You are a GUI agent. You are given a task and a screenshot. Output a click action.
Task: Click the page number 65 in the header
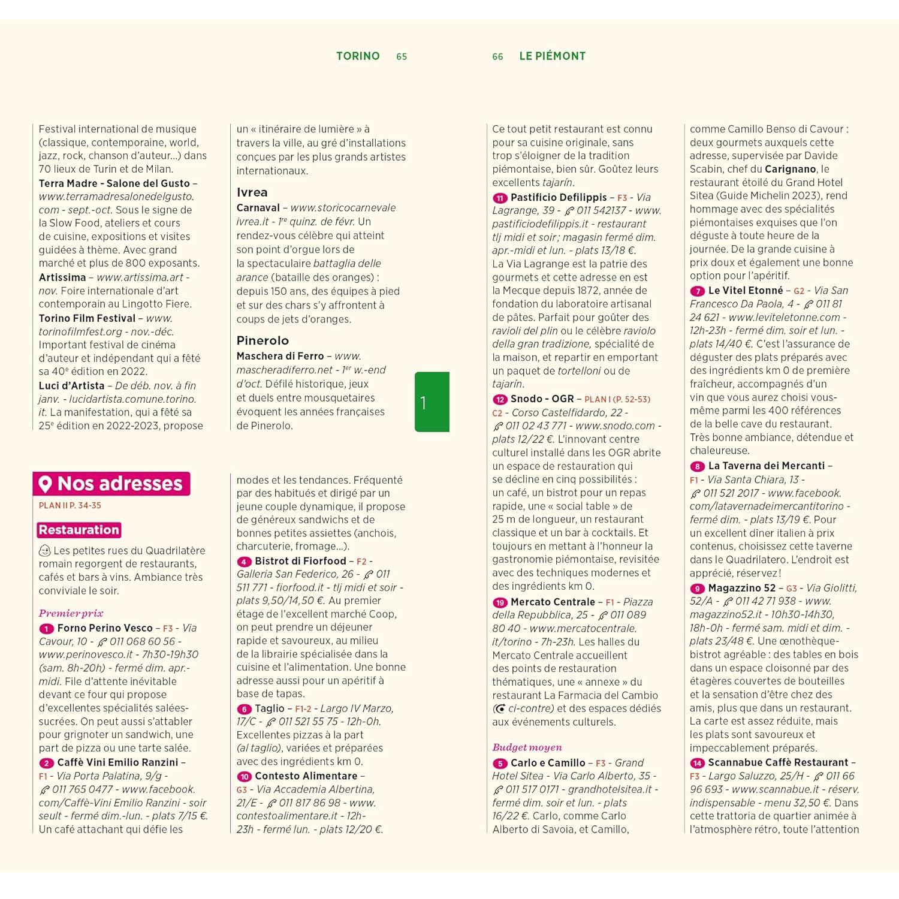pyautogui.click(x=402, y=56)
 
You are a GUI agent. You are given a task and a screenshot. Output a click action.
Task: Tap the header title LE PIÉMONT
pyautogui.click(x=552, y=56)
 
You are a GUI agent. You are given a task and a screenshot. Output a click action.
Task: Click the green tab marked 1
pyautogui.click(x=432, y=402)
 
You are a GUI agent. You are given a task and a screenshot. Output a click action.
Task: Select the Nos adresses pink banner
pyautogui.click(x=111, y=484)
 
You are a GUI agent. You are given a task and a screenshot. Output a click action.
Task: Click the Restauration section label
pyautogui.click(x=79, y=530)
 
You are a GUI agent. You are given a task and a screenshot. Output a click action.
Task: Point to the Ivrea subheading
pyautogui.click(x=252, y=192)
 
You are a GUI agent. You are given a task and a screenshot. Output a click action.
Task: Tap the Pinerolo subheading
pyautogui.click(x=263, y=340)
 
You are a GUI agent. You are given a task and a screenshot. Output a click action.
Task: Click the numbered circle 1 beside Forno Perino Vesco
pyautogui.click(x=46, y=629)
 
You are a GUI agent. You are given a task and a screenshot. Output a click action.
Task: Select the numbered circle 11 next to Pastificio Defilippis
pyautogui.click(x=500, y=198)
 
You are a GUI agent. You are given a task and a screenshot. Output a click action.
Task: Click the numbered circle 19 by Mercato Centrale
pyautogui.click(x=500, y=602)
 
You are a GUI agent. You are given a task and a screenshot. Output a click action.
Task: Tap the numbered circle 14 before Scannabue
pyautogui.click(x=697, y=763)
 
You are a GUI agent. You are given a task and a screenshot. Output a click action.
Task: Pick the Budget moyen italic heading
pyautogui.click(x=527, y=747)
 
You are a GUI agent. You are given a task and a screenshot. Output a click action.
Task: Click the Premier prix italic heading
pyautogui.click(x=71, y=613)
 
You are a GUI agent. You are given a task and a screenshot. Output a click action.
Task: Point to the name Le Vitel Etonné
pyautogui.click(x=745, y=290)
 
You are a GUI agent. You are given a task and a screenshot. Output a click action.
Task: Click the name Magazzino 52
pyautogui.click(x=741, y=588)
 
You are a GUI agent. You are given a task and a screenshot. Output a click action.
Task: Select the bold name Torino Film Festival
pyautogui.click(x=87, y=318)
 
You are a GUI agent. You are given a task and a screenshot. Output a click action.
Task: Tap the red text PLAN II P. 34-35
pyautogui.click(x=70, y=505)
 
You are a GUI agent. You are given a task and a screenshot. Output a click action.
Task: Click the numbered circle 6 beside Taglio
pyautogui.click(x=244, y=709)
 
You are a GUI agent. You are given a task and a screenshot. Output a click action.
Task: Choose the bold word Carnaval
pyautogui.click(x=258, y=208)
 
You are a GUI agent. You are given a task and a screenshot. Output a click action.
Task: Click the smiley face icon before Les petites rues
pyautogui.click(x=44, y=550)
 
